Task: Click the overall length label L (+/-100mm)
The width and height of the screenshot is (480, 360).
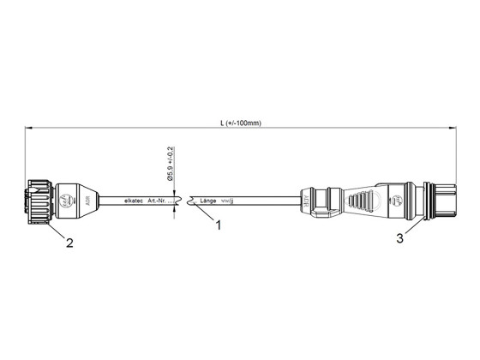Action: click(240, 123)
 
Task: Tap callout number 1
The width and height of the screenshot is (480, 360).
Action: click(219, 226)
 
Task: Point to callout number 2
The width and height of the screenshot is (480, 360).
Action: click(69, 243)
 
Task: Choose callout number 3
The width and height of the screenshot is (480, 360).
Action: click(399, 239)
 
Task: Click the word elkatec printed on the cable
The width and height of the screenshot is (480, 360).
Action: click(133, 201)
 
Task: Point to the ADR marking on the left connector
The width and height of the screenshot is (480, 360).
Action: click(81, 201)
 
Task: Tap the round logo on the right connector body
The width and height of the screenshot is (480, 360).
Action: click(395, 202)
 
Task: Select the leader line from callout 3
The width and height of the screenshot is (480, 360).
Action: click(412, 228)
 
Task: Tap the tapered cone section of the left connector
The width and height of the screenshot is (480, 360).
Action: click(93, 201)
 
